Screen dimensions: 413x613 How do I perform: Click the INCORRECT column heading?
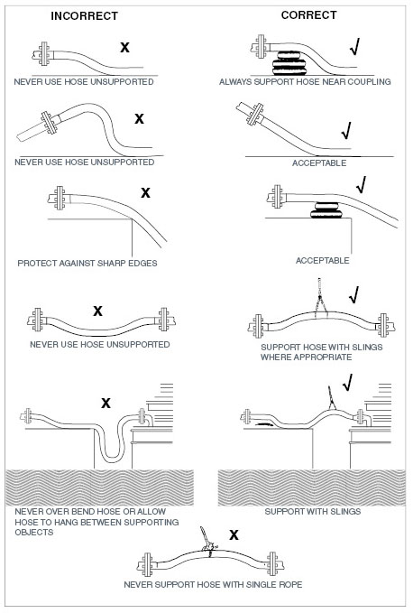[x=85, y=16]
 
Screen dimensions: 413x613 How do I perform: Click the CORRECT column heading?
[x=308, y=15]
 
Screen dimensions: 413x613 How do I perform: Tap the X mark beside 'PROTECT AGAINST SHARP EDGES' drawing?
[x=145, y=192]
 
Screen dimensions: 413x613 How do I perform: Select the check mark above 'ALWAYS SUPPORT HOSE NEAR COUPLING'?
[x=354, y=47]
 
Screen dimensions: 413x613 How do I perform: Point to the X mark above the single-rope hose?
[x=234, y=534]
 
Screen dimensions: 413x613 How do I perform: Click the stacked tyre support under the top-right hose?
[x=289, y=63]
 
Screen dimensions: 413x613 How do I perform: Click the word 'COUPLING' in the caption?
[x=370, y=82]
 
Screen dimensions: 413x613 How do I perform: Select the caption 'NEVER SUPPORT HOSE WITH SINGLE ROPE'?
[x=213, y=584]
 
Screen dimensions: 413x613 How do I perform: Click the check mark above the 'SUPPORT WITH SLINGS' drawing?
[x=347, y=383]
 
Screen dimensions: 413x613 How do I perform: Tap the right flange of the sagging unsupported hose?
[x=164, y=320]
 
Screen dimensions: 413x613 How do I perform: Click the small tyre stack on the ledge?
[x=326, y=210]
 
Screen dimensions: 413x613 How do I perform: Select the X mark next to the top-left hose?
[x=124, y=47]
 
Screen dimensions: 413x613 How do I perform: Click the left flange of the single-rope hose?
[x=147, y=564]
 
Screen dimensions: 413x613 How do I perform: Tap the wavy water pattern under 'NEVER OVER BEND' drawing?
[x=100, y=488]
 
